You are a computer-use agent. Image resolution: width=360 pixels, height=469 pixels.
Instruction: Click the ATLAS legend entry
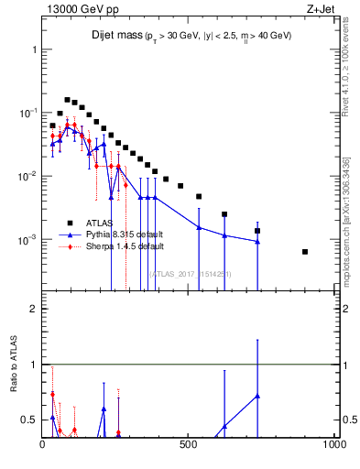click(102, 223)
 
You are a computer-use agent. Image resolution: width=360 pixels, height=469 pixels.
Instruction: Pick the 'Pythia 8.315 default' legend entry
click(125, 234)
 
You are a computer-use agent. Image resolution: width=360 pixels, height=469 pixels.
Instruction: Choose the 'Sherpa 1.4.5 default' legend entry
click(125, 246)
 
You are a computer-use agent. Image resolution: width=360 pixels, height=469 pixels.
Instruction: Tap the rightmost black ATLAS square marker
click(305, 252)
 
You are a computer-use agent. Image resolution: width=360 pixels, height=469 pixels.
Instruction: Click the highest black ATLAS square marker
click(67, 99)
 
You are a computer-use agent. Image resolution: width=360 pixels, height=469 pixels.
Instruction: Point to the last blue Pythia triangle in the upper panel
click(257, 242)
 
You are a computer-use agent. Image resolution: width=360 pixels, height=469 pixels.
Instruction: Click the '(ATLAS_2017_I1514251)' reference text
click(189, 272)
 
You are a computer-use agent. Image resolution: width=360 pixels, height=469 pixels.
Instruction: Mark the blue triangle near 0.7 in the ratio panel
click(257, 396)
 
